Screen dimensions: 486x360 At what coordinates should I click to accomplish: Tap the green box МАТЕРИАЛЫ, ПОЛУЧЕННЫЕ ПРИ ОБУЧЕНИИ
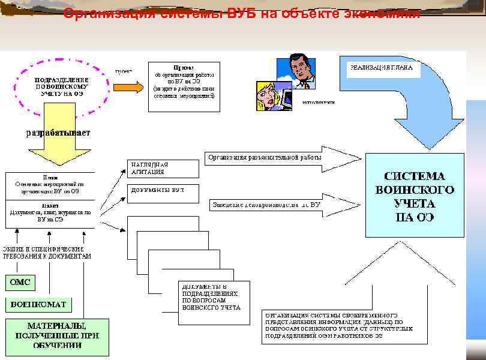[x=58, y=337]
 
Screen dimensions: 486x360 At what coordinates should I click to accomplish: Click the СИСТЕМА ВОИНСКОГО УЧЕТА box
[x=415, y=196]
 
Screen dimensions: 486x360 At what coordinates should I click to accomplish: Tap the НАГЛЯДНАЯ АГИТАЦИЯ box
[x=163, y=168]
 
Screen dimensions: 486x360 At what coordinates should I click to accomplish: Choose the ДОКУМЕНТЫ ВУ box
[x=163, y=191]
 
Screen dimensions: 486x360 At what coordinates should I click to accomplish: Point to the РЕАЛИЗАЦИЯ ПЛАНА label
[x=382, y=68]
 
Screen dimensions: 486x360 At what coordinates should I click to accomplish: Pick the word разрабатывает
[x=58, y=133]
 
